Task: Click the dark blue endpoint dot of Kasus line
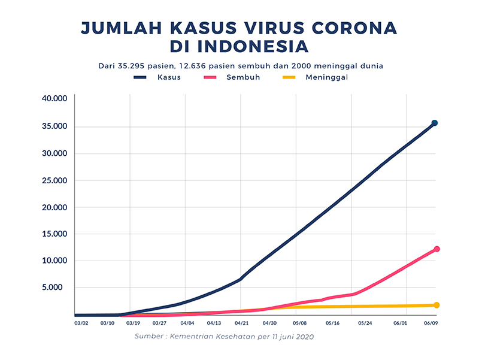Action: (x=435, y=123)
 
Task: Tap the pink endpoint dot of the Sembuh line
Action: (x=436, y=249)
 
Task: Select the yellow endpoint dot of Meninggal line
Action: (x=436, y=305)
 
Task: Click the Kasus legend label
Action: (x=169, y=77)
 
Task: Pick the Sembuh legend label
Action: (x=243, y=77)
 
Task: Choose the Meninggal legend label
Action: (x=327, y=77)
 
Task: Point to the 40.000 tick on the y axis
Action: (x=54, y=99)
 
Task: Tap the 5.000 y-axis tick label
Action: (x=56, y=288)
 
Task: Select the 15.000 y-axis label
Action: (x=54, y=234)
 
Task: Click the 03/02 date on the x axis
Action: (x=81, y=323)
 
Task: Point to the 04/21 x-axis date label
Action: (x=241, y=323)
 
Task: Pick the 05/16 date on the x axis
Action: (x=333, y=323)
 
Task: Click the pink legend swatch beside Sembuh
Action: (x=210, y=77)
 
